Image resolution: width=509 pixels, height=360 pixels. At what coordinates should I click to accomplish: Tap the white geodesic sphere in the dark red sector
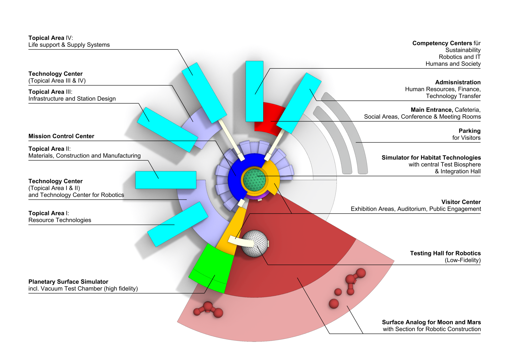255,243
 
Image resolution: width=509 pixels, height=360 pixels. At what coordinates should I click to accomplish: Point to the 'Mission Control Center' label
61,136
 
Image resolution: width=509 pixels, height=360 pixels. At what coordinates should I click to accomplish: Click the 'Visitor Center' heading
461,202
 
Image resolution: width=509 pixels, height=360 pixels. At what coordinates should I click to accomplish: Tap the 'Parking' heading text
469,131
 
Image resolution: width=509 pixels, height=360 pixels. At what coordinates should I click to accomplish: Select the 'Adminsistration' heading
458,82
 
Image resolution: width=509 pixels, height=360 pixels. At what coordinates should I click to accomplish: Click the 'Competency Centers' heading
442,43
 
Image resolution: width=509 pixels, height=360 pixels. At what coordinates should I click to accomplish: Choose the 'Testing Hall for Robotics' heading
445,253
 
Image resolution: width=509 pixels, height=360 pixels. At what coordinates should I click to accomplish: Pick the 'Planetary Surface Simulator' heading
68,282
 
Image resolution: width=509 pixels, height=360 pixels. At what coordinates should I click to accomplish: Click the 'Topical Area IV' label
51,38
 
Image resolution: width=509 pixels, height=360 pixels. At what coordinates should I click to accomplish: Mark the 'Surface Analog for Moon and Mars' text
431,322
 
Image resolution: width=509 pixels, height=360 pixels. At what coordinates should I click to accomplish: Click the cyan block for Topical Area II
166,180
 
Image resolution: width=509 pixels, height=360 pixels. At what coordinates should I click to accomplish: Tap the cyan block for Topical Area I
178,224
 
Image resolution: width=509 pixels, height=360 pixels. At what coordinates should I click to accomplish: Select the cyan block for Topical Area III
167,130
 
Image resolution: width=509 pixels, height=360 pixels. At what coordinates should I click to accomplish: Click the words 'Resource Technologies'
60,220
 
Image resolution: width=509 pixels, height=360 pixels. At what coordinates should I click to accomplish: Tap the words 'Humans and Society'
453,64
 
